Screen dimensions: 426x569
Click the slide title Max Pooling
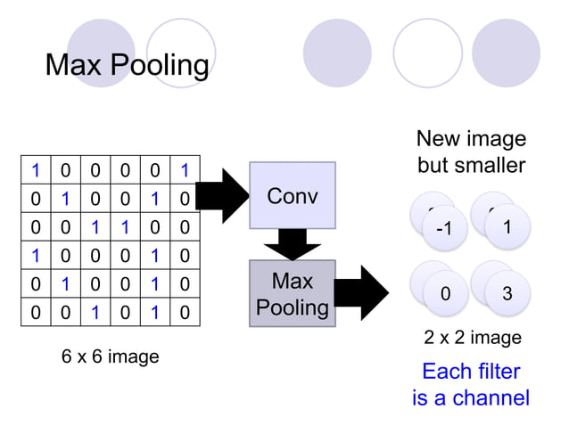click(127, 65)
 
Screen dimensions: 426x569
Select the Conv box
click(292, 195)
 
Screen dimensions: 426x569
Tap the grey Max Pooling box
click(292, 294)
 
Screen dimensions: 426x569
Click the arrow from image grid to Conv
click(223, 195)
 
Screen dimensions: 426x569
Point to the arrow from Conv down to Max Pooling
click(292, 244)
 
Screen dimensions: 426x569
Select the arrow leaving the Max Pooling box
click(362, 292)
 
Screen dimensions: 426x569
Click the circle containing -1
click(444, 228)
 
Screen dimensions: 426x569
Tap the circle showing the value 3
click(507, 292)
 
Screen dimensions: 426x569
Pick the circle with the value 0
click(444, 292)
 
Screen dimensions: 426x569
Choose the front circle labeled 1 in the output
click(507, 226)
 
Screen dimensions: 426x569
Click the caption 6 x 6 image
click(110, 356)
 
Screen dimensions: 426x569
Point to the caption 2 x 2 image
click(472, 338)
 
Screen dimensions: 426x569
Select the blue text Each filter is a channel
click(471, 384)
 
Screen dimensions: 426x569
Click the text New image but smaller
click(471, 152)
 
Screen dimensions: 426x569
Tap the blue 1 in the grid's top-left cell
click(36, 170)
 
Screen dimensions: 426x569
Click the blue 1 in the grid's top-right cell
click(184, 170)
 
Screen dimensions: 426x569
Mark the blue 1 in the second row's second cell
click(65, 199)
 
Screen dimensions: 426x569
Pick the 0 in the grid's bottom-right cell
click(184, 313)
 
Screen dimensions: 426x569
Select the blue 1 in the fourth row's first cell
click(36, 256)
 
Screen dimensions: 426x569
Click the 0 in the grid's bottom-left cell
click(36, 313)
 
